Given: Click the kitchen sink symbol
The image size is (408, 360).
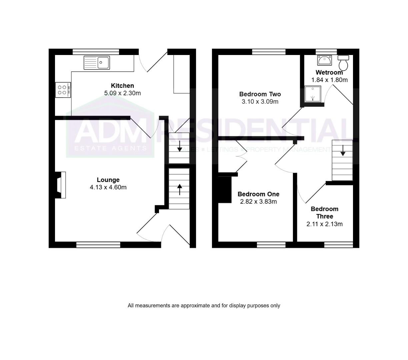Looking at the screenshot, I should tap(97, 62).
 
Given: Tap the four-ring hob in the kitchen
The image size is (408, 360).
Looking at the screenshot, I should tap(63, 90).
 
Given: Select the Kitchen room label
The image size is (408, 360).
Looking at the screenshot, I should tap(122, 86).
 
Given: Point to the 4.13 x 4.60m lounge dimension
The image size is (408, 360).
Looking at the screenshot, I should tap(108, 187).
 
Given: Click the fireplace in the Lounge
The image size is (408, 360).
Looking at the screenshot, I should tap(60, 185).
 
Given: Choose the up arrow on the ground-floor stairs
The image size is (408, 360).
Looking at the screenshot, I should tap(179, 189).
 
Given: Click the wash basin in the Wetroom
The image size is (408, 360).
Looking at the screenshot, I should tap(324, 60).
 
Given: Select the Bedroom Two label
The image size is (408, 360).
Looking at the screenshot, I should tap(260, 94).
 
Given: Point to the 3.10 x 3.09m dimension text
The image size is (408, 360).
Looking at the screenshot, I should tap(260, 102).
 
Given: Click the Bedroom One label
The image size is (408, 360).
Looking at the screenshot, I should tap(258, 194).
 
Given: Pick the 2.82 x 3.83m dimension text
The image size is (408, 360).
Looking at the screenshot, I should tap(258, 201).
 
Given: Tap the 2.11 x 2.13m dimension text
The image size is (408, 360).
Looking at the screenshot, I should tap(324, 224).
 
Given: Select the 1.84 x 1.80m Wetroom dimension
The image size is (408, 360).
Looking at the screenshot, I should tap(329, 80).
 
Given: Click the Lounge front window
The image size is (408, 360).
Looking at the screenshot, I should tap(98, 245).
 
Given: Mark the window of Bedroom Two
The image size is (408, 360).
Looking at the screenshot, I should tap(269, 52).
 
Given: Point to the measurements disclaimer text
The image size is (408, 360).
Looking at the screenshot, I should tap(204, 305).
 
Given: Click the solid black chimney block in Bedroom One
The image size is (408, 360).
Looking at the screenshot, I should tap(224, 189).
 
